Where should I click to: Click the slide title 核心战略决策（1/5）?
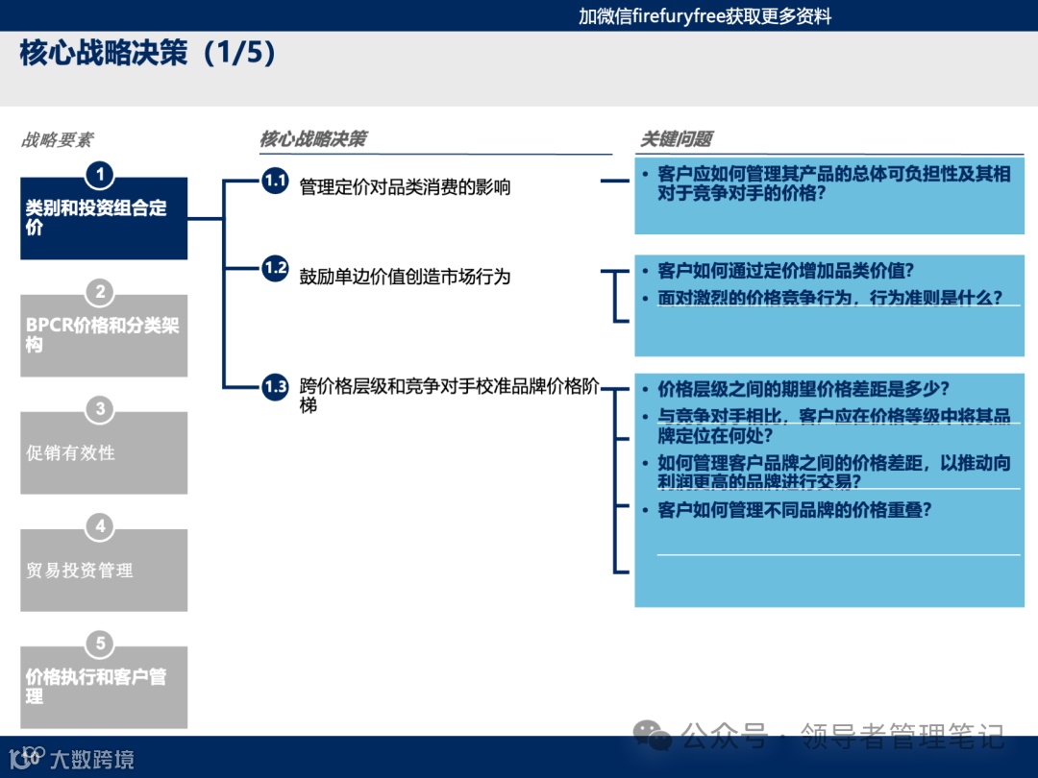148,53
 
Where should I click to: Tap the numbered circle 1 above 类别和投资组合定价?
100,175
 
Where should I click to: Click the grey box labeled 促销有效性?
104,453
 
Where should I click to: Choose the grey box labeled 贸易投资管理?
104,571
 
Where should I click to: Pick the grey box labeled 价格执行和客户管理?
104,686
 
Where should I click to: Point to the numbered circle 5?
100,644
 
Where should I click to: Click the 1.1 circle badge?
275,181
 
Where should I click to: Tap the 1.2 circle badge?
275,268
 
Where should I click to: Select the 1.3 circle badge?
275,387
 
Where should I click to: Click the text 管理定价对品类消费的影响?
405,187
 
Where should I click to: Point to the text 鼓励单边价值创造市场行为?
405,277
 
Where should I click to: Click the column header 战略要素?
58,140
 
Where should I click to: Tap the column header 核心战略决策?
312,139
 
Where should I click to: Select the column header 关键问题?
677,139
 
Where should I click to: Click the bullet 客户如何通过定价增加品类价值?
785,270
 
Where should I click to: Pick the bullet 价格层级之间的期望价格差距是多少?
803,389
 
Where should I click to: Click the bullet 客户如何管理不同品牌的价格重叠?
794,510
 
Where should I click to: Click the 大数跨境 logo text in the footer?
91,760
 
